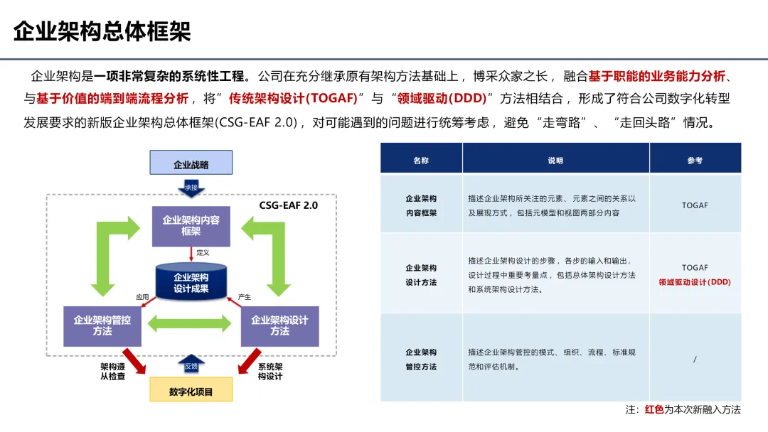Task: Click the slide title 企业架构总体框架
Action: (x=102, y=32)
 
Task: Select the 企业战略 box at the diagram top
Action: (x=191, y=164)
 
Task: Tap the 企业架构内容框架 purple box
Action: (x=191, y=226)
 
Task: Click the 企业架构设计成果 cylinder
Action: (x=191, y=283)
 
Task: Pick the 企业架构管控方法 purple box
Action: (x=102, y=326)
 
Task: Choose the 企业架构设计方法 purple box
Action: (x=279, y=326)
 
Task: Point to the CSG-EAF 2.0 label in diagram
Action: (x=288, y=205)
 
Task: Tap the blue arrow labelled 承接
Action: (x=191, y=188)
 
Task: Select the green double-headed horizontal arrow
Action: (x=190, y=323)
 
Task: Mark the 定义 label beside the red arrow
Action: (x=203, y=252)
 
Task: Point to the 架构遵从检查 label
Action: (x=113, y=372)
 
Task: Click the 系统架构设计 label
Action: (x=270, y=372)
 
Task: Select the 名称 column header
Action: (x=421, y=161)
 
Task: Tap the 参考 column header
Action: (x=695, y=161)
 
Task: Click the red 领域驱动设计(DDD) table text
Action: (x=695, y=282)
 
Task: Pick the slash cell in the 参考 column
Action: (x=695, y=360)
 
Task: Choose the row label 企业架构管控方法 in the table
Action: (x=421, y=360)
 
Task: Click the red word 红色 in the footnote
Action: (x=654, y=410)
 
